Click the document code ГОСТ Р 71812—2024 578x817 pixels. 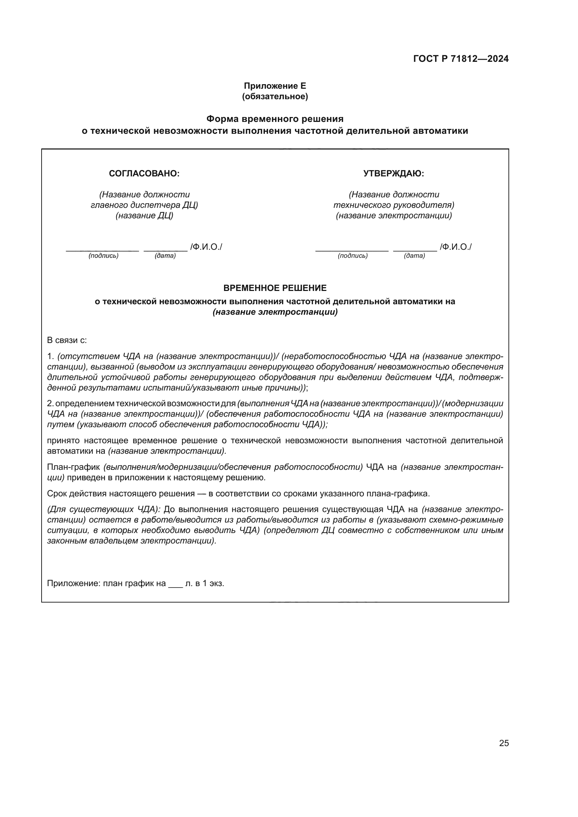coord(461,59)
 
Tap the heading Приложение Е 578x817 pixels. coord(275,86)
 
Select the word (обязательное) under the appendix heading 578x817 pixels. coord(275,96)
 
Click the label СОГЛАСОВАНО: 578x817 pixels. coord(144,174)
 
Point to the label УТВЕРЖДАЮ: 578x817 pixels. coord(393,174)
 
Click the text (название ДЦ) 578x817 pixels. coord(144,216)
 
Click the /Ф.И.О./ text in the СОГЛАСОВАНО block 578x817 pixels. coord(206,247)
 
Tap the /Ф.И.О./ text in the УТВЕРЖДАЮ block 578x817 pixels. coord(456,247)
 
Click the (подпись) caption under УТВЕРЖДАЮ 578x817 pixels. coord(353,256)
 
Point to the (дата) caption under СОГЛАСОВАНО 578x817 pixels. coord(165,256)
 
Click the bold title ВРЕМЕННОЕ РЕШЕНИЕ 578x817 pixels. coord(275,288)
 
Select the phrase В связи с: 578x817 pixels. coord(67,340)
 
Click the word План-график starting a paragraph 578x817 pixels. coord(73,467)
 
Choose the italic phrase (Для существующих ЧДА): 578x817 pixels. coord(104,510)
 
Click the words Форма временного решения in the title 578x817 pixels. coord(275,118)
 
